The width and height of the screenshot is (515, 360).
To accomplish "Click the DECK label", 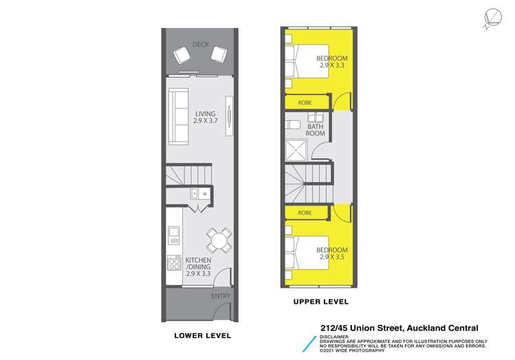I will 200,45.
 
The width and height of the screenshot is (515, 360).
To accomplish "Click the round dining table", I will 218,240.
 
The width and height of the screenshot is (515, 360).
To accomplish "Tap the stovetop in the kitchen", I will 173,263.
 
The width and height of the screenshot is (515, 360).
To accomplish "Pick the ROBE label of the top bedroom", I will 305,102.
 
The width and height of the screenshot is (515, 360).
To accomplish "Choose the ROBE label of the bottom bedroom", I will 305,213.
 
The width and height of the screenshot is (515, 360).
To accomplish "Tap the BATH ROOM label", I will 315,130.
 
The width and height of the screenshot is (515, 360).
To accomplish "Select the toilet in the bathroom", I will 292,124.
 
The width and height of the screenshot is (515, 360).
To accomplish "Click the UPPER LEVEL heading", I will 321,302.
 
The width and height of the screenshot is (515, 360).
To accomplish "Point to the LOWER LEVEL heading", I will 202,335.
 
